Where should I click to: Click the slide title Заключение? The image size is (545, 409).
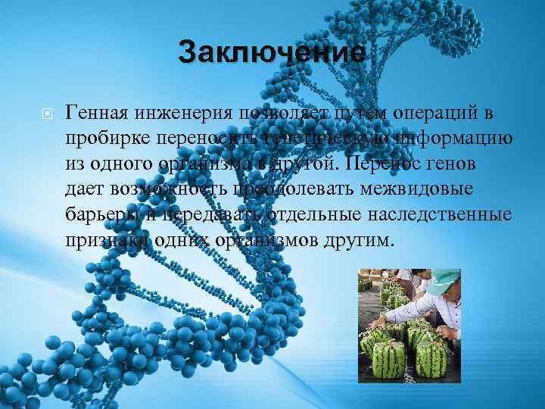click(x=272, y=54)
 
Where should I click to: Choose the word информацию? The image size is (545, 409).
click(x=452, y=139)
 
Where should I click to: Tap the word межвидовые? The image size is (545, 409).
click(x=431, y=190)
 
